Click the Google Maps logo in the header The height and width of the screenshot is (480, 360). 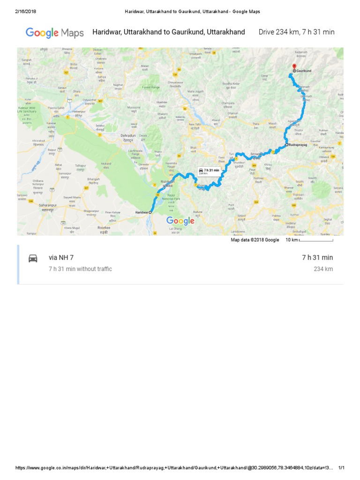point(54,33)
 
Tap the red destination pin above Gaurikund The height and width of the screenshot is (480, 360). point(294,67)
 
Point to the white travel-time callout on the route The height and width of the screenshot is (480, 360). point(209,171)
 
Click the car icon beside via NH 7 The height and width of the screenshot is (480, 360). point(33,258)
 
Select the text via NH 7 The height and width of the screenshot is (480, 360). point(61,258)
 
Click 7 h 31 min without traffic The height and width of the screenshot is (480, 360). point(80,269)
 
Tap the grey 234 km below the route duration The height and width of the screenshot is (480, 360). point(323,269)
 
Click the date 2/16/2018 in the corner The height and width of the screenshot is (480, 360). point(26,11)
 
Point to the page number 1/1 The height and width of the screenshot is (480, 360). point(341,468)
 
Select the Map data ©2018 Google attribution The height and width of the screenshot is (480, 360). point(255,240)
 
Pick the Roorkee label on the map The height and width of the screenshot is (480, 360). point(103,227)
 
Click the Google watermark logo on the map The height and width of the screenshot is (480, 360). point(180,221)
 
